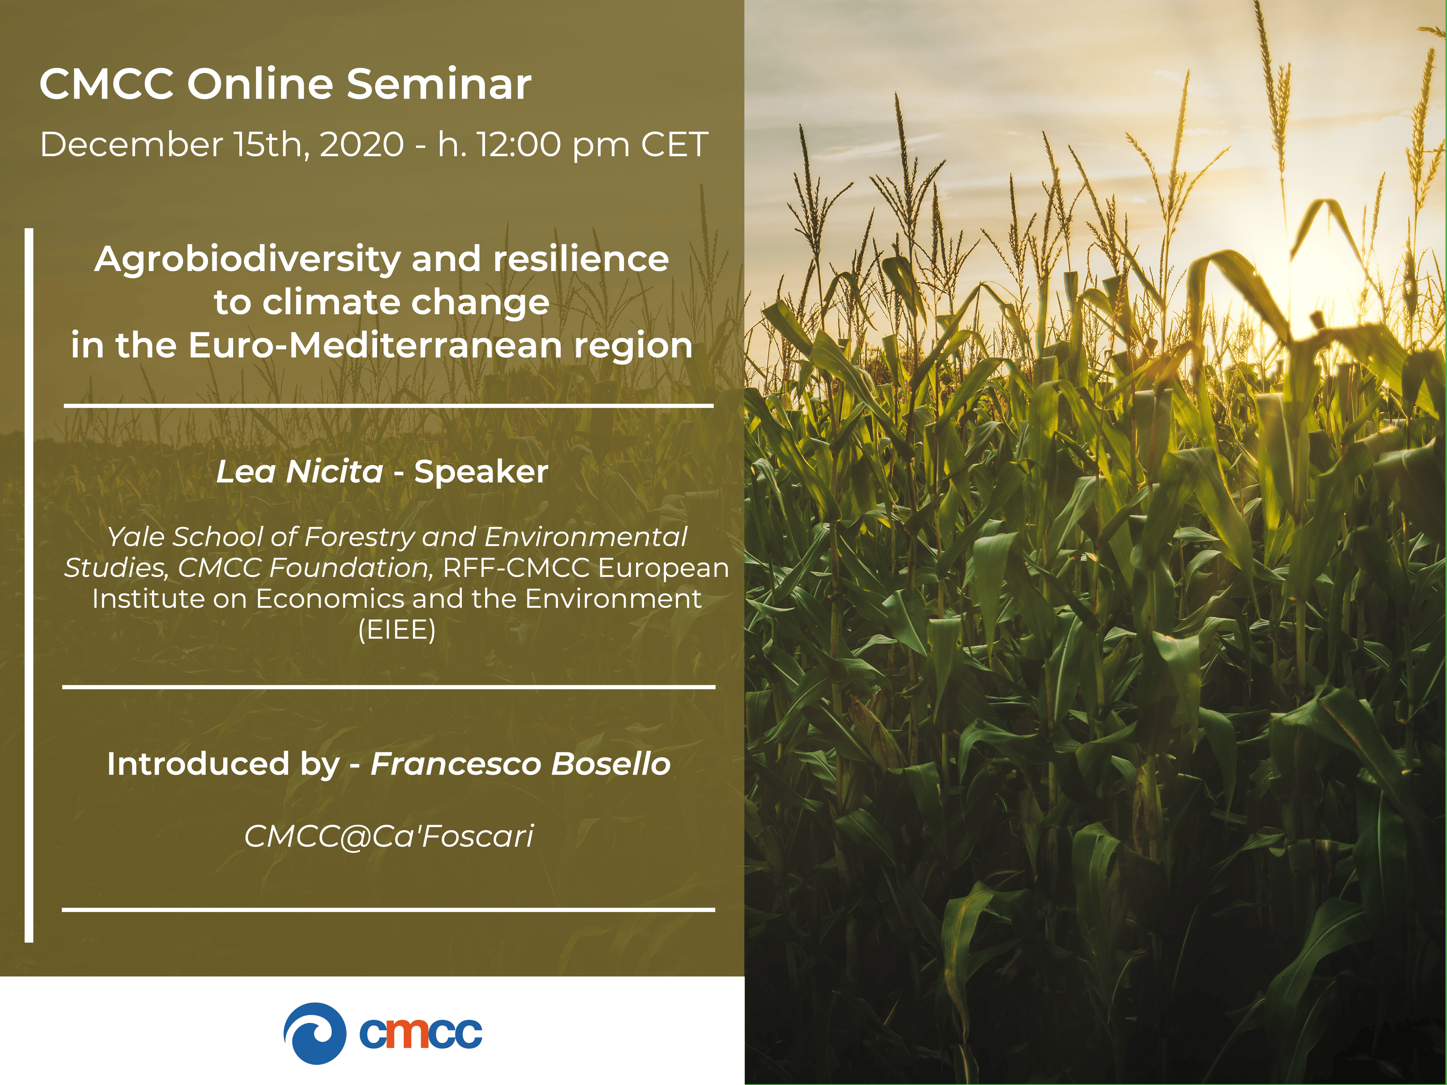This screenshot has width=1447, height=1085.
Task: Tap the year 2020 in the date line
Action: point(362,144)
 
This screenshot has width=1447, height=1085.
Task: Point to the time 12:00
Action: point(518,144)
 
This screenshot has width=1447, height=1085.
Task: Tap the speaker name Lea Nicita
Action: point(299,472)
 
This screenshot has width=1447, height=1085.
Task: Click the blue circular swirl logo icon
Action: point(315,1033)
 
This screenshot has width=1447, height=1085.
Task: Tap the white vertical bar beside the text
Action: point(29,585)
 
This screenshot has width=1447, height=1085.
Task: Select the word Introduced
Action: point(198,764)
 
